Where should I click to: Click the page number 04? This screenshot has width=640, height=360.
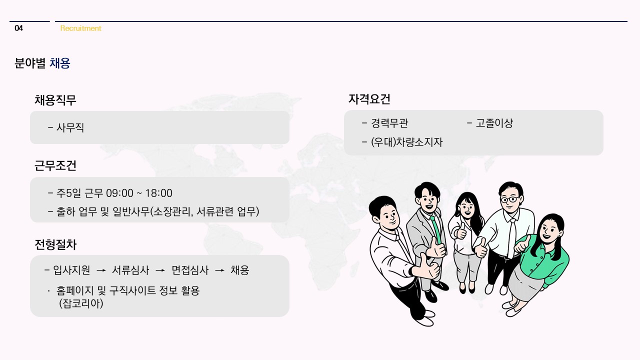(19, 28)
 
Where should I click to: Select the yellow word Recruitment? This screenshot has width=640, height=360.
(80, 28)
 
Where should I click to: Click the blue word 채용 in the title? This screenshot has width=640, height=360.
(60, 63)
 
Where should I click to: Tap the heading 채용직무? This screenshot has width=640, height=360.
(55, 100)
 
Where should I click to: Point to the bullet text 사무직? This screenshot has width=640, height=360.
(70, 127)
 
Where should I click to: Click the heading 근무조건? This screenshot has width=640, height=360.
(55, 165)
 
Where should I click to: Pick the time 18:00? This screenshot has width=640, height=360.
(158, 193)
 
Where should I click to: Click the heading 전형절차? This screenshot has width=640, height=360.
(55, 244)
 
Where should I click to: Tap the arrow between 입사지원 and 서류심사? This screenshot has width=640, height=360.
(101, 270)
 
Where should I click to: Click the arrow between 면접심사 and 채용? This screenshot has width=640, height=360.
(219, 270)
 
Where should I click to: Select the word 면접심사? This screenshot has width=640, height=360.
(190, 270)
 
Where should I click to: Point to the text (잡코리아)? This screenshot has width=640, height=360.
(81, 303)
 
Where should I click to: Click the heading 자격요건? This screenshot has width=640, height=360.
(369, 99)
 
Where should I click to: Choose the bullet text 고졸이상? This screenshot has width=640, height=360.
(494, 123)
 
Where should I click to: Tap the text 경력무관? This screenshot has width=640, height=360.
(389, 123)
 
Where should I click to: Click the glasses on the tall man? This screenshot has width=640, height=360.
(509, 199)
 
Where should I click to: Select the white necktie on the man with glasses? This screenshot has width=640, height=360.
(512, 238)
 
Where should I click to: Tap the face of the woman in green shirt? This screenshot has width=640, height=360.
(549, 231)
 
